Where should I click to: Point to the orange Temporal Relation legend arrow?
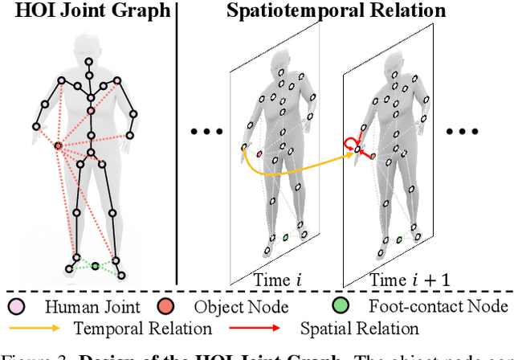click(x=37, y=328)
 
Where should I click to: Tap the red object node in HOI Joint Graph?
click(x=58, y=145)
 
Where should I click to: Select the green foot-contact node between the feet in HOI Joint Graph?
click(x=95, y=265)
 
